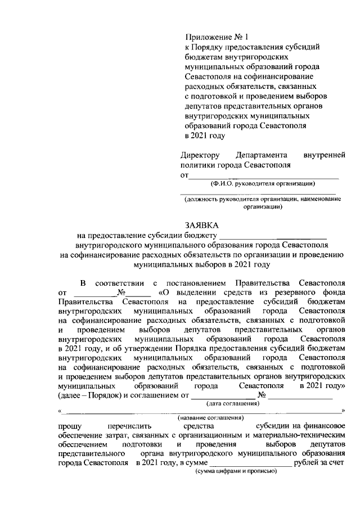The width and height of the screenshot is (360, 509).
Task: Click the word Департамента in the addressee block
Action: [262, 155]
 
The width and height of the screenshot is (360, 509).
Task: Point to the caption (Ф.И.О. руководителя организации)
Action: [263, 183]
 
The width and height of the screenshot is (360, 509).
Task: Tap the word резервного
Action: [290, 292]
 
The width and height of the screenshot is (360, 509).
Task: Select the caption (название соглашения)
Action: [210, 418]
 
